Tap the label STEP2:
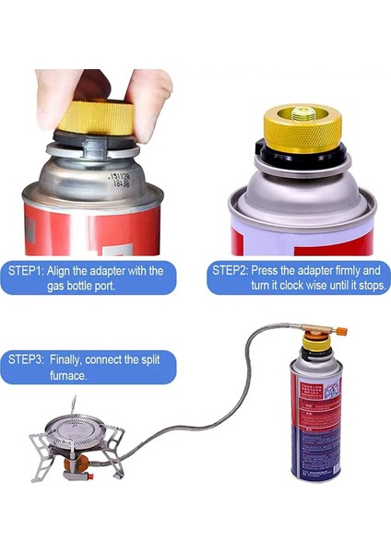pyautogui.click(x=232, y=271)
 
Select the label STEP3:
pyautogui.click(x=29, y=359)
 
